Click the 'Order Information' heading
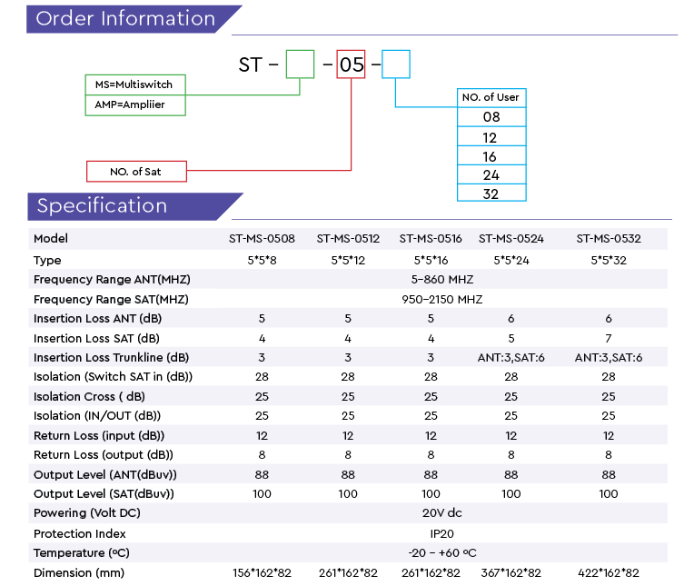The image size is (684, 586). pos(125,19)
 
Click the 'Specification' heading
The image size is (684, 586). pos(102,206)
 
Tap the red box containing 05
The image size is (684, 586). pos(351,65)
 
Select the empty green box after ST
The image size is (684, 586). pos(300,65)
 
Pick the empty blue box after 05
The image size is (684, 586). pos(396,65)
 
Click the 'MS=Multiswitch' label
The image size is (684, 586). pos(134,84)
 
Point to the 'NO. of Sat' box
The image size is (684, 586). pos(136,172)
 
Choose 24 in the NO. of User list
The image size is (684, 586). pos(491,175)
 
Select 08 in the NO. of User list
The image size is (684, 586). pos(491,117)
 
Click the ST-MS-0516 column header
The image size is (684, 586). pos(431,239)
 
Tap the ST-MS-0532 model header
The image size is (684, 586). pos(609,239)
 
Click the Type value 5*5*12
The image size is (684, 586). pos(348,261)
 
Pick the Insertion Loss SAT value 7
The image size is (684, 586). pos(609,339)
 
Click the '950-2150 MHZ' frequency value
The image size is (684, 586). pos(441,299)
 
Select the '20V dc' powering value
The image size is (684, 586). pos(441,512)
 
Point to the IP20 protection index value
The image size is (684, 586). pos(441,533)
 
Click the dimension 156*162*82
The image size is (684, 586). pos(262,573)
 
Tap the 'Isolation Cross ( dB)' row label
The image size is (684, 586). pos(89,397)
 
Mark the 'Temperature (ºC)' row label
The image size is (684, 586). pos(82,552)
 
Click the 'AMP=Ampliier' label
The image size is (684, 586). pos(130,104)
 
